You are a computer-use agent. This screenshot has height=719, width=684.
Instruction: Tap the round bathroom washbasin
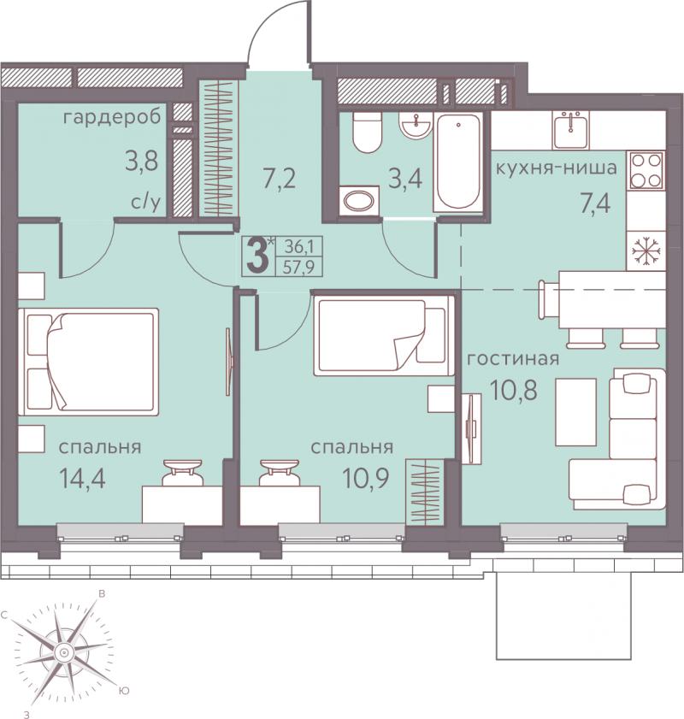pyautogui.click(x=416, y=125)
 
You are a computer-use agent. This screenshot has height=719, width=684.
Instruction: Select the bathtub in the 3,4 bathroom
pyautogui.click(x=457, y=162)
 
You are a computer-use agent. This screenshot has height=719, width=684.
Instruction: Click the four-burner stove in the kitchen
pyautogui.click(x=646, y=171)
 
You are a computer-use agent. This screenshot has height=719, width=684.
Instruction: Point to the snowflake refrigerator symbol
pyautogui.click(x=646, y=250)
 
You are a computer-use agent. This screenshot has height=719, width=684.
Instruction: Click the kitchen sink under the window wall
pyautogui.click(x=570, y=130)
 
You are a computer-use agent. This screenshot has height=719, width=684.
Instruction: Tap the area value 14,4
pyautogui.click(x=83, y=478)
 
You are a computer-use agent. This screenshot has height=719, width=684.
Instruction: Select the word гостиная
pyautogui.click(x=513, y=358)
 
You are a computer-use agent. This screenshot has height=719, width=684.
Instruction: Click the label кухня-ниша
pyautogui.click(x=557, y=168)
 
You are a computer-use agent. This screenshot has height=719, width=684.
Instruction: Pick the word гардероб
pyautogui.click(x=112, y=118)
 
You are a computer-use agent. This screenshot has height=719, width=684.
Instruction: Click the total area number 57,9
pyautogui.click(x=298, y=267)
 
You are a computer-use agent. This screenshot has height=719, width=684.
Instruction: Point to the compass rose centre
pyautogui.click(x=63, y=652)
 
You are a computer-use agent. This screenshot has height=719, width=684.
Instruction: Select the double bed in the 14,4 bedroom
pyautogui.click(x=88, y=362)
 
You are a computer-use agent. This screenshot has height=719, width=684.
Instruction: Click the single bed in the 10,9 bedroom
pyautogui.click(x=384, y=335)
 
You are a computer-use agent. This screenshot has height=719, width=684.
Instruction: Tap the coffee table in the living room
pyautogui.click(x=575, y=412)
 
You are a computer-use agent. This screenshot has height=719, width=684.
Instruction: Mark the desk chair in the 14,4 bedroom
pyautogui.click(x=182, y=472)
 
